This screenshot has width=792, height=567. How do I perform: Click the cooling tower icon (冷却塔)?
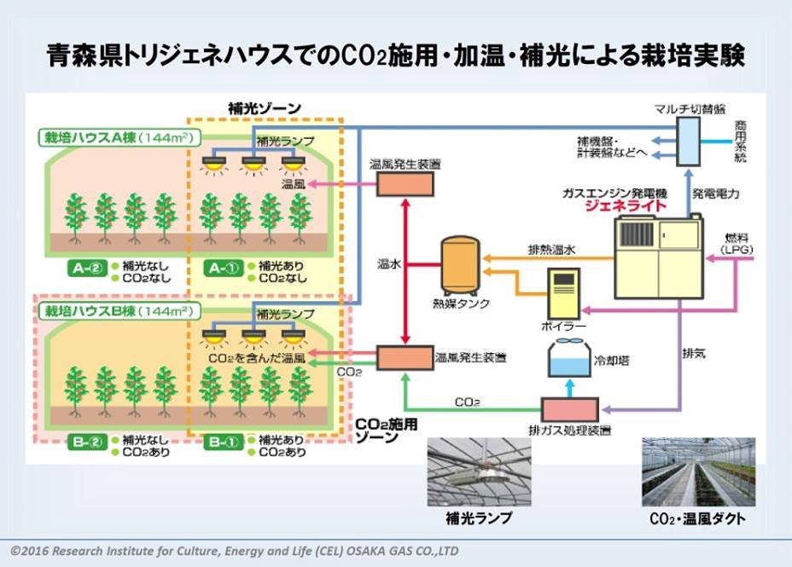[x=565, y=359]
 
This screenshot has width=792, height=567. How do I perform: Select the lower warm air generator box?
[x=405, y=357]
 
